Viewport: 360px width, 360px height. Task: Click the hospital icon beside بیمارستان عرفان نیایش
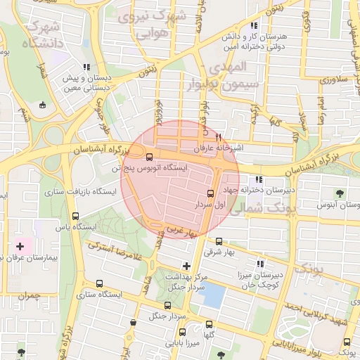20,247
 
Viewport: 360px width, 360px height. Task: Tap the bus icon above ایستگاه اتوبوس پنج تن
149,156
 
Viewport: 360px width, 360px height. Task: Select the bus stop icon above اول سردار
210,193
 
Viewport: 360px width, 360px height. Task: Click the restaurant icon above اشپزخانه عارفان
219,137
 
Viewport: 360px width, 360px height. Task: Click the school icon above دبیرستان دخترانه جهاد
259,179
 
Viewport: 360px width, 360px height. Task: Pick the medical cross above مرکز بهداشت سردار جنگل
186,266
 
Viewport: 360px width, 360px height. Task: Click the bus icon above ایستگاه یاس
75,217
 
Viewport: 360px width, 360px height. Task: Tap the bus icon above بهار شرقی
219,241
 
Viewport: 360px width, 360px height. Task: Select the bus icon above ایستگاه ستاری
98,285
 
